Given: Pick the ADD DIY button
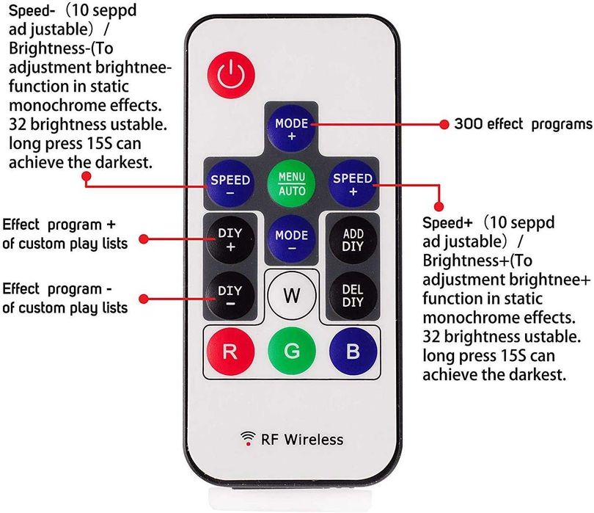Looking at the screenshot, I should coord(353,240).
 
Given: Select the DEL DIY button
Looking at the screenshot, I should coord(353,296).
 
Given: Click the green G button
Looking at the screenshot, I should coord(292,351).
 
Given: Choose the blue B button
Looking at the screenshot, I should coord(353,351).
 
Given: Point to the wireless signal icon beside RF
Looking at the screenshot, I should coord(248,439).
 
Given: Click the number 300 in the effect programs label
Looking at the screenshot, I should coord(468,124).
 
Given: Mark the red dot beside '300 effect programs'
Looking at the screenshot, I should coord(444,124).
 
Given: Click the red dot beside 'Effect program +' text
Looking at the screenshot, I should coord(145,239).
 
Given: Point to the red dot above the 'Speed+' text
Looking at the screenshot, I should coord(440,207).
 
